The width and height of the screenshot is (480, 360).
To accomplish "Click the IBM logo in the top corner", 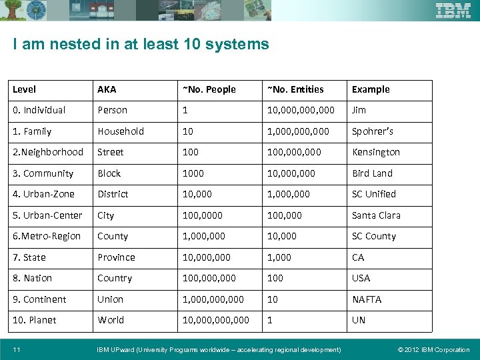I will tap(453, 11).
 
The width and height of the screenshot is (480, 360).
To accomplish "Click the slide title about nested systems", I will tap(141, 45).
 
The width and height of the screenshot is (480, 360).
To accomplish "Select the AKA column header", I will tap(107, 89).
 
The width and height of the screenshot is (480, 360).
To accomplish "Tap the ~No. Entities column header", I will tap(295, 89).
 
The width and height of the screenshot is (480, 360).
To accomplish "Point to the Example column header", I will tap(371, 89).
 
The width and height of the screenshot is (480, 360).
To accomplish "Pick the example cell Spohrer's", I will tap(373, 131).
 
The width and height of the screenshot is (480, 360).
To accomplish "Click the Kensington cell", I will tap(376, 152).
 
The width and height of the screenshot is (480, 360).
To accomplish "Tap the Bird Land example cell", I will tap(372, 173).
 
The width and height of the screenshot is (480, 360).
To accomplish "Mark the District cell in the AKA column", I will tap(113, 194).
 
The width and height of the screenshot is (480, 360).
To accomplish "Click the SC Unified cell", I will tap(374, 194).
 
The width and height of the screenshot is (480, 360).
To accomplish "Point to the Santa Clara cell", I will tap(376, 215).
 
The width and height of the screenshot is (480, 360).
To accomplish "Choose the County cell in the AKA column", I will tap(113, 236).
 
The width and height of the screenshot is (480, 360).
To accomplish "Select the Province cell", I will tap(116, 257).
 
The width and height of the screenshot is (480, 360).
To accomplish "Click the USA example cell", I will tap(361, 278).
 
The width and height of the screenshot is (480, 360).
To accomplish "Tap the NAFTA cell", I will tap(367, 299).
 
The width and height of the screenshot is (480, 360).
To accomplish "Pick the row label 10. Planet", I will tap(35, 320).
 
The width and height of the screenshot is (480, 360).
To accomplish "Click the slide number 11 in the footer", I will tap(16, 349).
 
